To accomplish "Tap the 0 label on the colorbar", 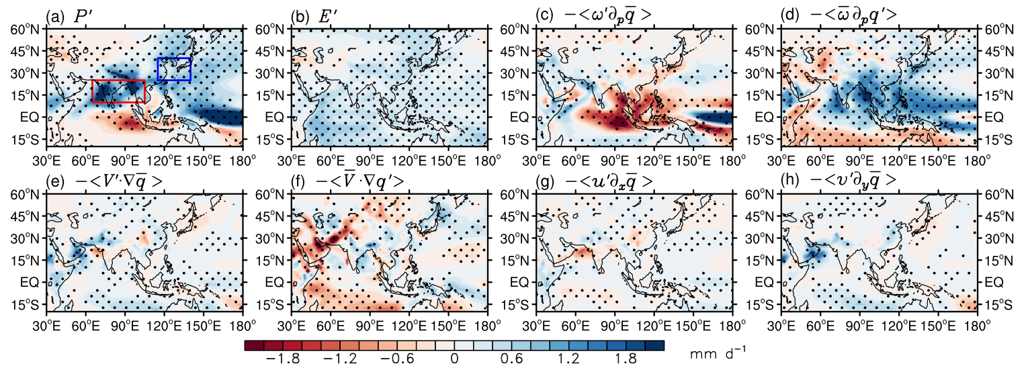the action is tap(454, 359).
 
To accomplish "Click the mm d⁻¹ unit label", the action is tap(718, 353).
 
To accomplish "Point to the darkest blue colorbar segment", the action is tap(654, 346).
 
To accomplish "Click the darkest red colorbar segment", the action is tap(254, 346).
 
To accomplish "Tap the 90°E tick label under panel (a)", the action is tap(124, 160).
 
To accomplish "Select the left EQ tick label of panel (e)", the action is tap(30, 283).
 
